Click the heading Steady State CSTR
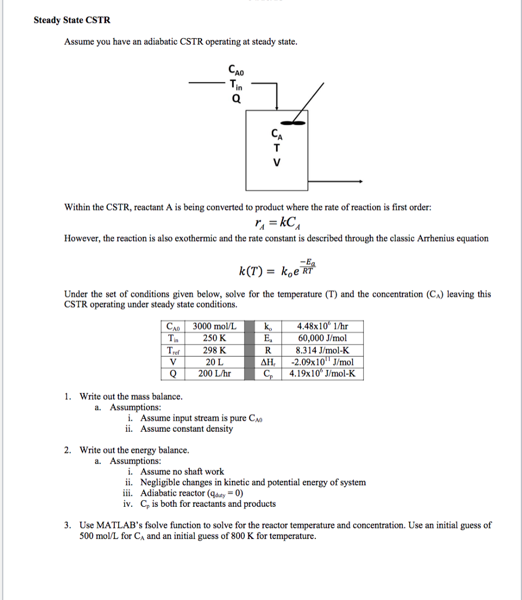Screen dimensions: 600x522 pyautogui.click(x=71, y=20)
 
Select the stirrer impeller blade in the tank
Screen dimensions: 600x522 pyautogui.click(x=291, y=123)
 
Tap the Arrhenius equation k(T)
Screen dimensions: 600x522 pyautogui.click(x=277, y=271)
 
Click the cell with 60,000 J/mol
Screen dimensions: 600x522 pyautogui.click(x=322, y=338)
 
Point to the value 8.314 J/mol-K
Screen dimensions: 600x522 pyautogui.click(x=322, y=350)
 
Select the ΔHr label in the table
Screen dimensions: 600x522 pyautogui.click(x=268, y=362)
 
